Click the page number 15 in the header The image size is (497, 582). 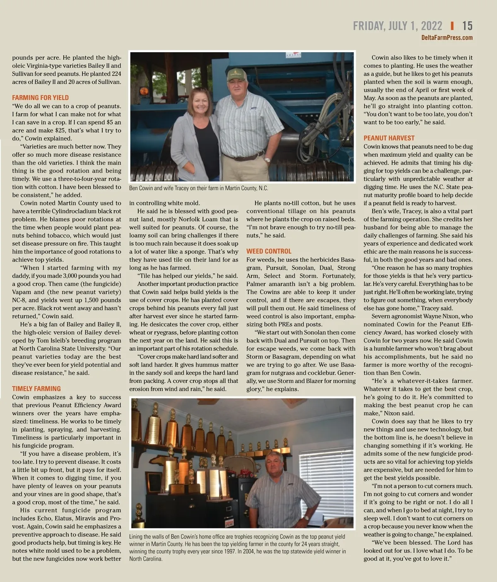(x=467, y=26)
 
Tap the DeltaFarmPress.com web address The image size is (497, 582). (x=446, y=38)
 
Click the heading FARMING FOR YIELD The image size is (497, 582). (x=40, y=98)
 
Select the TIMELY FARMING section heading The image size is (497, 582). (x=36, y=389)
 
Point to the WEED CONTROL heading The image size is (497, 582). (x=269, y=251)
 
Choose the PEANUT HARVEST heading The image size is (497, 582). (x=389, y=138)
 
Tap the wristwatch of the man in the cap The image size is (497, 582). (x=267, y=159)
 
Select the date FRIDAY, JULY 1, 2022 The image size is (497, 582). (x=398, y=26)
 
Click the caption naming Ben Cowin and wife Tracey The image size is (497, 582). (x=198, y=188)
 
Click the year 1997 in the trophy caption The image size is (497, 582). (x=229, y=551)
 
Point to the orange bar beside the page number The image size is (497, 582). (x=452, y=26)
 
